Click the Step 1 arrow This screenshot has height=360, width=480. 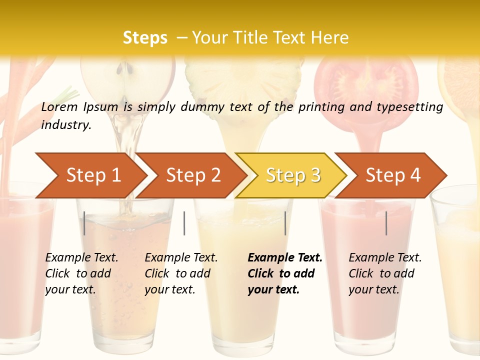point(93,175)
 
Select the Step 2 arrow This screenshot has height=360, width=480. point(193,175)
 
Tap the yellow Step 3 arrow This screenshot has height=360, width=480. point(293,175)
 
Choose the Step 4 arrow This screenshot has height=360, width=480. point(393,175)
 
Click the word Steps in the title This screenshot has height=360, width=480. point(145,38)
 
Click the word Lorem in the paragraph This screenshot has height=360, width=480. point(59,106)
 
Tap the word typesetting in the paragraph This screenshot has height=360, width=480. point(409,106)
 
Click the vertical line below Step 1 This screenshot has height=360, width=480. point(84,223)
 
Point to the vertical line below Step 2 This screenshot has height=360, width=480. point(184,223)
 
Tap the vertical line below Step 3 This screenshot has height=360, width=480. point(285,223)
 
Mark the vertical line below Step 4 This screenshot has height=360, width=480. point(386,223)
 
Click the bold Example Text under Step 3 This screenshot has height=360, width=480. point(285,258)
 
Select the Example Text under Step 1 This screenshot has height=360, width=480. point(81,258)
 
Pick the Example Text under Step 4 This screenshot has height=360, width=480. point(385,258)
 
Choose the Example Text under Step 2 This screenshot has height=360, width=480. point(181,258)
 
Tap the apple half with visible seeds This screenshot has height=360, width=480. point(128,80)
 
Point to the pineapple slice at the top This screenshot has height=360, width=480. point(245,80)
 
